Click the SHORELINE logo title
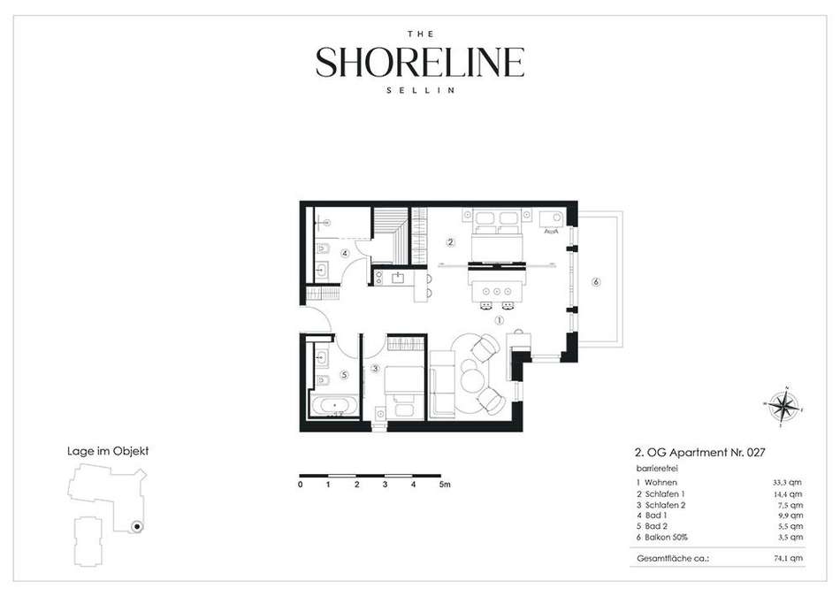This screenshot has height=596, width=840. (419, 62)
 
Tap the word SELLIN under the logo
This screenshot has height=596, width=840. (421, 90)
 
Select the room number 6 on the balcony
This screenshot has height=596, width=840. (596, 282)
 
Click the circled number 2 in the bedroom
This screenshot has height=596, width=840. (451, 242)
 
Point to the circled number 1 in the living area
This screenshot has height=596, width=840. (500, 320)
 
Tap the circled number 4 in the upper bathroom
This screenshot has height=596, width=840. (345, 253)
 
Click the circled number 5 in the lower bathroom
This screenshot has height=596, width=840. (345, 375)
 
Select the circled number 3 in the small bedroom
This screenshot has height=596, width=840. (376, 368)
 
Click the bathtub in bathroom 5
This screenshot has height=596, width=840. (334, 405)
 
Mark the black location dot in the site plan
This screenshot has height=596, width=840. (137, 527)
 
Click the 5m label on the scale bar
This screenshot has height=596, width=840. (445, 485)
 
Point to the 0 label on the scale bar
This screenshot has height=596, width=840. (301, 485)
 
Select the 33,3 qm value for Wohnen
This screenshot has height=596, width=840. (787, 483)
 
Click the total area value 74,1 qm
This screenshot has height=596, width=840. (788, 559)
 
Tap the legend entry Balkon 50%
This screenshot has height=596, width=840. (662, 537)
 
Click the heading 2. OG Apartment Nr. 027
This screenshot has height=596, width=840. (699, 453)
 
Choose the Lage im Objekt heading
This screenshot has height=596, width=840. (108, 451)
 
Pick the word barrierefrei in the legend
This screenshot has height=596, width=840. (650, 469)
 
